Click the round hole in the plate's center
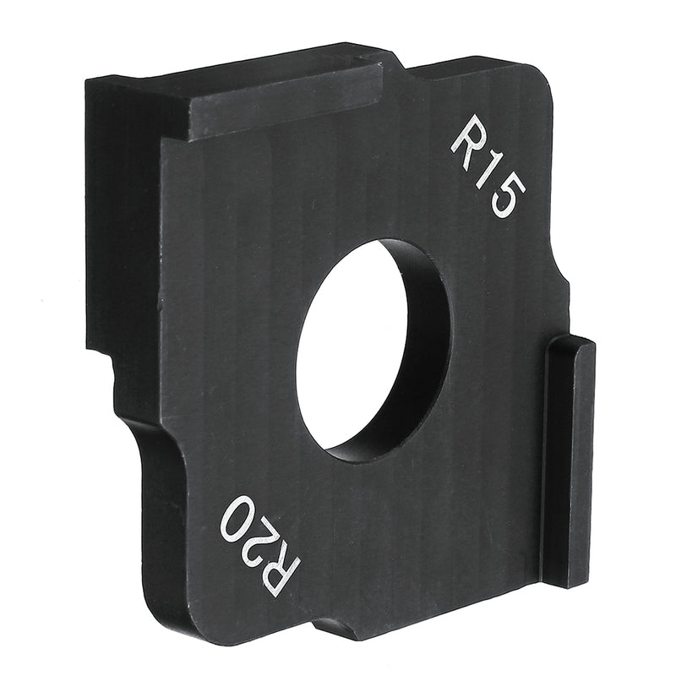click(x=355, y=346)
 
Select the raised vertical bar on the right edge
click(x=567, y=461)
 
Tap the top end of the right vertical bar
click(x=572, y=342)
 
